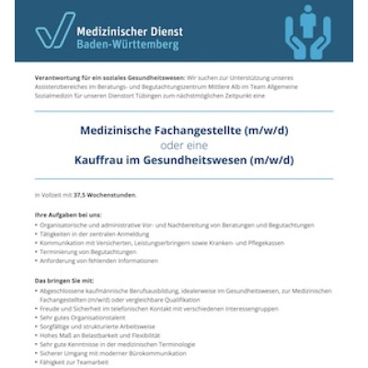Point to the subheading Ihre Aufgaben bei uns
pos(64,214)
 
